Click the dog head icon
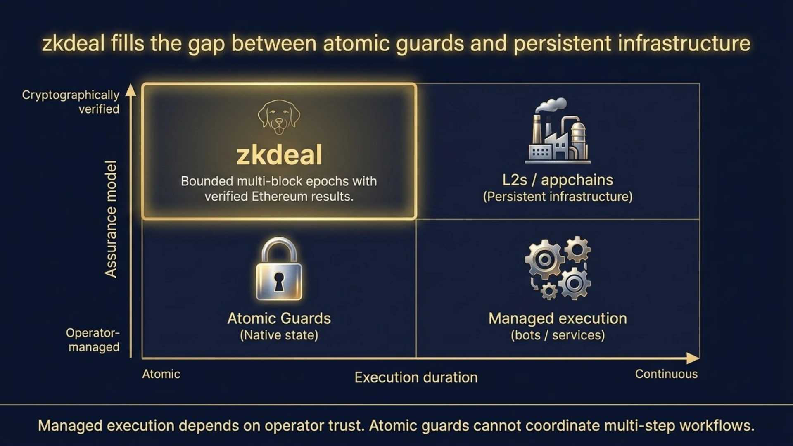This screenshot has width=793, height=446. pyautogui.click(x=279, y=117)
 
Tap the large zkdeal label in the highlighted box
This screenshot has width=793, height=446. pyautogui.click(x=279, y=155)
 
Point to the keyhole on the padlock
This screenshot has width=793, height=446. pyautogui.click(x=279, y=282)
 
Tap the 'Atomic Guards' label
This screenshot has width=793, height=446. pyautogui.click(x=279, y=318)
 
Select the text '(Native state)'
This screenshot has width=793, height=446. pyautogui.click(x=279, y=335)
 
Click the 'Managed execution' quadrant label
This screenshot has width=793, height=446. pyautogui.click(x=558, y=318)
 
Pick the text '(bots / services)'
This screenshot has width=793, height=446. pyautogui.click(x=558, y=335)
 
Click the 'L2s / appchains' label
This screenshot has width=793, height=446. pyautogui.click(x=558, y=180)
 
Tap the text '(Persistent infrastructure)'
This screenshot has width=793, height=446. pyautogui.click(x=558, y=197)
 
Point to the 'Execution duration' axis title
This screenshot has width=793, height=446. pyautogui.click(x=416, y=377)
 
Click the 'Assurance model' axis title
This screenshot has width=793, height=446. pyautogui.click(x=111, y=219)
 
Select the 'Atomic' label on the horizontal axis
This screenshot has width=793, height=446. pyautogui.click(x=161, y=374)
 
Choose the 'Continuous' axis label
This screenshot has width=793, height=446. pyautogui.click(x=666, y=374)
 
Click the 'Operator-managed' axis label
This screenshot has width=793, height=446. pyautogui.click(x=93, y=340)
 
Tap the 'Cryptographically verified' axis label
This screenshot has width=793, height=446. pyautogui.click(x=71, y=102)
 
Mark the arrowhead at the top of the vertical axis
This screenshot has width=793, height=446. pyautogui.click(x=131, y=90)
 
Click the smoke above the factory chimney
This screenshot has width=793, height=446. pyautogui.click(x=551, y=104)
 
